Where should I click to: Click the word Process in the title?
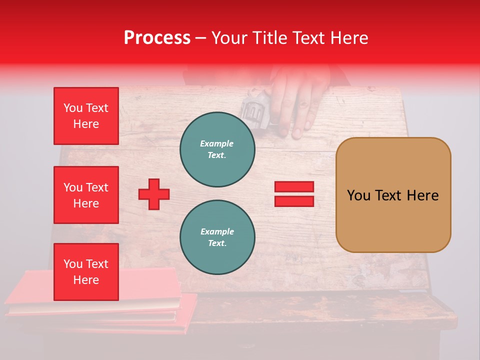[157, 38]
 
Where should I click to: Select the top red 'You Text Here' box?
[86, 116]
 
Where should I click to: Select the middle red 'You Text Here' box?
[86, 195]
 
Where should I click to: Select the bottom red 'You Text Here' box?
[86, 272]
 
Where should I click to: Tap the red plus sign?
[154, 194]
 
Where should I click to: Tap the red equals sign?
[294, 194]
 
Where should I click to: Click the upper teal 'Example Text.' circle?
[217, 149]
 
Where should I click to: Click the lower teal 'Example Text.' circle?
[217, 237]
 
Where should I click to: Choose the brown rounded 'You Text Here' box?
[393, 195]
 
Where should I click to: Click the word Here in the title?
[350, 38]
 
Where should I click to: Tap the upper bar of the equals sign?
[294, 187]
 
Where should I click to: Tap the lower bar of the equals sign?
[294, 201]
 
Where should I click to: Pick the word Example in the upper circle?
[217, 143]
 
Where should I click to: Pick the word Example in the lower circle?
[217, 231]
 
